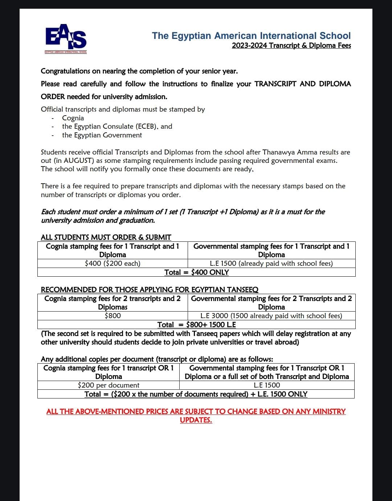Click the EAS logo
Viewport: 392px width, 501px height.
(x=66, y=38)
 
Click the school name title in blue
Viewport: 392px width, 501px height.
(x=251, y=36)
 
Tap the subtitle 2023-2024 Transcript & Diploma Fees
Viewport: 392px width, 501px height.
(x=291, y=45)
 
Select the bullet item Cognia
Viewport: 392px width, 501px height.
(x=73, y=118)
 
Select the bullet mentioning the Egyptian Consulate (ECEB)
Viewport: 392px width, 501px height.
(x=117, y=126)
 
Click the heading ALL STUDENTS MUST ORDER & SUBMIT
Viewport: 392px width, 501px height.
(x=106, y=237)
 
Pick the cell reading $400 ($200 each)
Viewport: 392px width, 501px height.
(x=113, y=263)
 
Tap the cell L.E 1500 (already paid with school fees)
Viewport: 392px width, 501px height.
(x=271, y=263)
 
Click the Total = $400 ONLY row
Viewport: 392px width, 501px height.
(x=196, y=272)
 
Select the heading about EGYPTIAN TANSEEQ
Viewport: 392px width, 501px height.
(x=150, y=289)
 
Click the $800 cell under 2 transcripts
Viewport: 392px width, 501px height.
(x=113, y=316)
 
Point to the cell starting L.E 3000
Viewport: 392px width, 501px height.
(x=271, y=316)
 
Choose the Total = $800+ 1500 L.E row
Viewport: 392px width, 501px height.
(x=196, y=324)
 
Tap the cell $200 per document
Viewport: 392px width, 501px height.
(x=109, y=385)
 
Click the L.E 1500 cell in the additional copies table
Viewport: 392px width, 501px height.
(x=267, y=385)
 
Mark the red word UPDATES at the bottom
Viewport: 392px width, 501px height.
(x=196, y=420)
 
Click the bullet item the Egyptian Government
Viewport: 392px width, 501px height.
(x=102, y=135)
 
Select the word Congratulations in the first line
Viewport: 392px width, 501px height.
(x=65, y=71)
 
